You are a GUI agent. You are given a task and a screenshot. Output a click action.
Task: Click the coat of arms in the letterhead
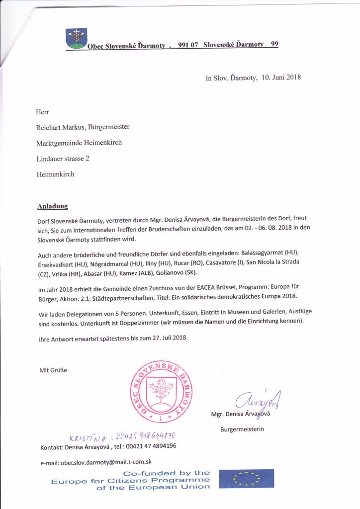[76, 38]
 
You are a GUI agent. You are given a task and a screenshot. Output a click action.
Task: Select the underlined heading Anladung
[53, 206]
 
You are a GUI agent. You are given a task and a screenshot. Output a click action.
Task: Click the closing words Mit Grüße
[53, 370]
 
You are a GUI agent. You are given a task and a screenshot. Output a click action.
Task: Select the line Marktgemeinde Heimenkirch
[79, 143]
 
